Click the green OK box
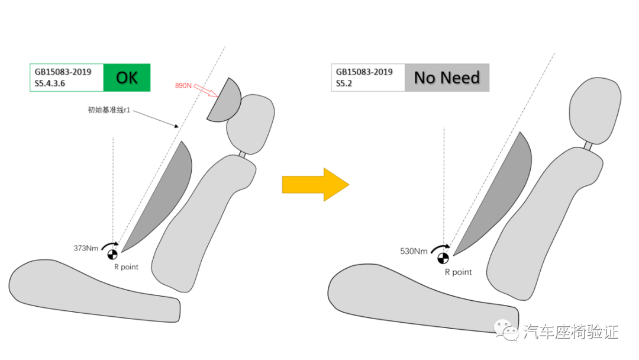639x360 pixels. [x=127, y=78]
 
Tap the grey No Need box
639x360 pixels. [x=447, y=78]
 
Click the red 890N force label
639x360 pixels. [x=185, y=86]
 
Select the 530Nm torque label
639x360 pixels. [x=414, y=251]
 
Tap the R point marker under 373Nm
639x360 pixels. [x=112, y=255]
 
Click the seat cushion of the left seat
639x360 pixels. [x=89, y=291]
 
